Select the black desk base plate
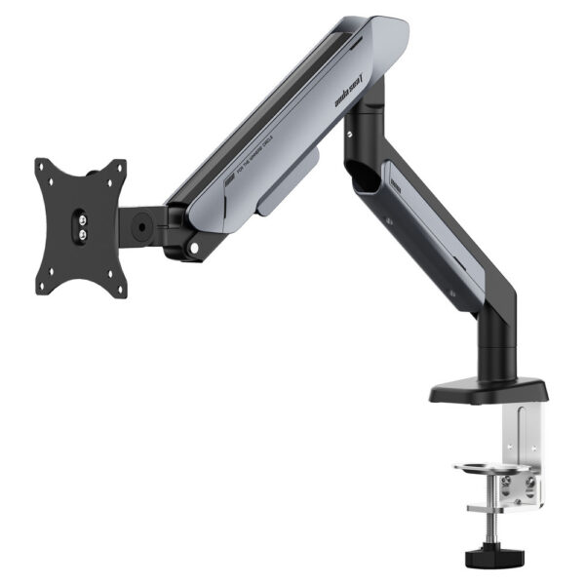[x=487, y=390]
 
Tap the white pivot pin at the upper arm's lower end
[x=195, y=249]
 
